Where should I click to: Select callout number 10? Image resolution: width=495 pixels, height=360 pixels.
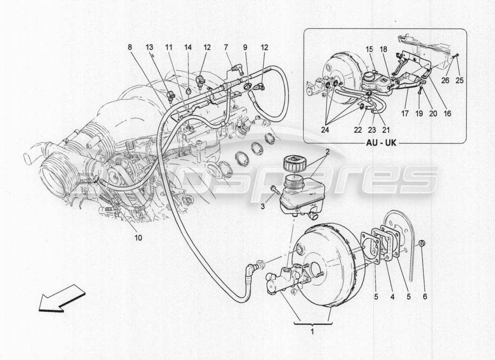coord(138,237)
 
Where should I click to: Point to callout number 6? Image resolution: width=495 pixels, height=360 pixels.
coord(425,297)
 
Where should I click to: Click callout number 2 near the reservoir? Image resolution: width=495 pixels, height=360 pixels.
coord(328,152)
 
